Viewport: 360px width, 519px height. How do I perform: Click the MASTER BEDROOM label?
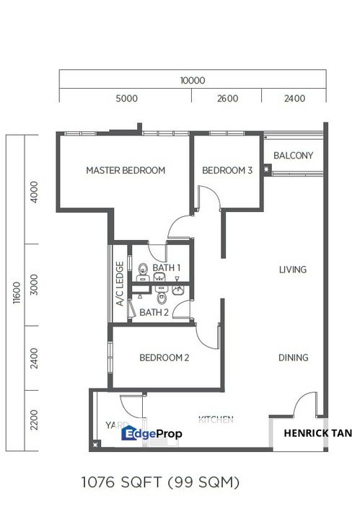[126, 171]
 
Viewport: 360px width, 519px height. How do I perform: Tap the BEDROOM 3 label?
[227, 171]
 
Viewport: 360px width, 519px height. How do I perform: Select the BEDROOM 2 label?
[164, 358]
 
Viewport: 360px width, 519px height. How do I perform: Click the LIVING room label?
[293, 270]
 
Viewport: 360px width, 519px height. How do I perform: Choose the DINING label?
[293, 358]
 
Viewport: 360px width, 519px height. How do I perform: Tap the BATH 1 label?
[166, 267]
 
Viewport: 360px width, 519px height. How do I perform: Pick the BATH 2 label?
[154, 312]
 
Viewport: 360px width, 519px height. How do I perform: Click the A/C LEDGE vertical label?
[120, 284]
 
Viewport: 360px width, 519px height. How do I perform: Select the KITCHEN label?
[216, 420]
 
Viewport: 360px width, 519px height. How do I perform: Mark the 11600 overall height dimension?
[15, 293]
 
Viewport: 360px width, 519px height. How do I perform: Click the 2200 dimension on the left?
[35, 420]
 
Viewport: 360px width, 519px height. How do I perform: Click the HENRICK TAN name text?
[317, 433]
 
